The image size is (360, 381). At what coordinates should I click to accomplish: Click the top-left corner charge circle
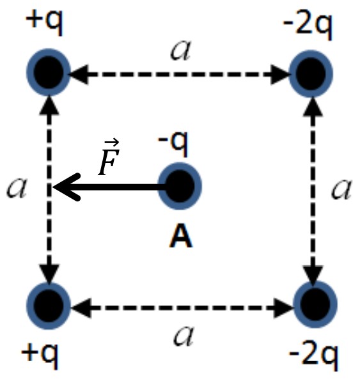click(49, 72)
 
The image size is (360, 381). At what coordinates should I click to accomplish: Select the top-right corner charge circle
click(311, 74)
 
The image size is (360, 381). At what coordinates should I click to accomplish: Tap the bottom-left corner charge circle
click(49, 306)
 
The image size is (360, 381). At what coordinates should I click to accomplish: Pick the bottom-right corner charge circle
click(315, 304)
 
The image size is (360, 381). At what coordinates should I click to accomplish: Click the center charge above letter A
click(180, 186)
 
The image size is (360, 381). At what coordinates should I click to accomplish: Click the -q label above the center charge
click(173, 143)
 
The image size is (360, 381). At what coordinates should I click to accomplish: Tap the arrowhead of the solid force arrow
click(66, 187)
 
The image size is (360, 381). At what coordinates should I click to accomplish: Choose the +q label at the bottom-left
click(40, 355)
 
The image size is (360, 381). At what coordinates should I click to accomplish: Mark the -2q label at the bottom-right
click(313, 357)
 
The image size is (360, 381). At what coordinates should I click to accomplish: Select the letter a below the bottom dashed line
click(184, 336)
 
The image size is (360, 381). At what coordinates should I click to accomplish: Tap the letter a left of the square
click(16, 188)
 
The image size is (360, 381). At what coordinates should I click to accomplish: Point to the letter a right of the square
click(341, 189)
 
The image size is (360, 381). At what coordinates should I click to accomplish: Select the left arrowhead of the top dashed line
click(79, 74)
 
